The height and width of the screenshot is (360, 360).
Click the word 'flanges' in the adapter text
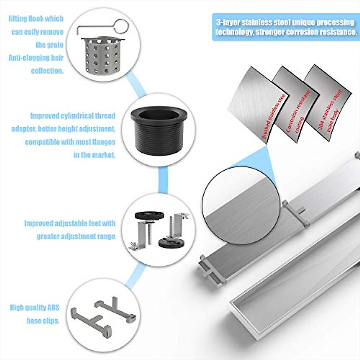tap(103, 142)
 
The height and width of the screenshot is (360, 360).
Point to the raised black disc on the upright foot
tap(149, 215)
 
